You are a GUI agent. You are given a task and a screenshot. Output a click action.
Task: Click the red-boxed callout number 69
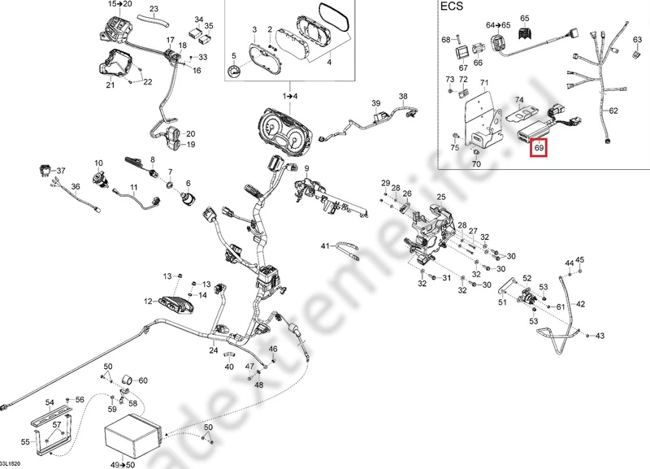coord(539,149)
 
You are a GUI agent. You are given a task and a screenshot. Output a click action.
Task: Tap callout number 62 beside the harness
coord(613,111)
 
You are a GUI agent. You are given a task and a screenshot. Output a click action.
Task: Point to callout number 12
coord(149,302)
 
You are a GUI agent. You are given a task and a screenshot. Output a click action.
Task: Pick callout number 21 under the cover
coord(110,85)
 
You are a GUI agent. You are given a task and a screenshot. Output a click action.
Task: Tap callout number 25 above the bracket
coord(441,198)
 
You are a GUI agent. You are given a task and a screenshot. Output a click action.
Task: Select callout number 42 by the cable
coord(580,304)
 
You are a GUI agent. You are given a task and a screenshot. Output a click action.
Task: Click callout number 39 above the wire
coord(376,103)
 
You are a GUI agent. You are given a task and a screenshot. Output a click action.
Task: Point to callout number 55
coord(25,441)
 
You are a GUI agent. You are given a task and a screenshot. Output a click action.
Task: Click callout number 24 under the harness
coord(213,351)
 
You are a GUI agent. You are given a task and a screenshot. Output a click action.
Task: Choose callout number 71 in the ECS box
coord(484,84)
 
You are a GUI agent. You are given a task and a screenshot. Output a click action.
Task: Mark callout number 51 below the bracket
coord(502,302)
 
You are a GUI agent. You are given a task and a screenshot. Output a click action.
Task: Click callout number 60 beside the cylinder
coord(143,380)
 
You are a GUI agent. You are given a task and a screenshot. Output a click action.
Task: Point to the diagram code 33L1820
coord(14,463)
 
